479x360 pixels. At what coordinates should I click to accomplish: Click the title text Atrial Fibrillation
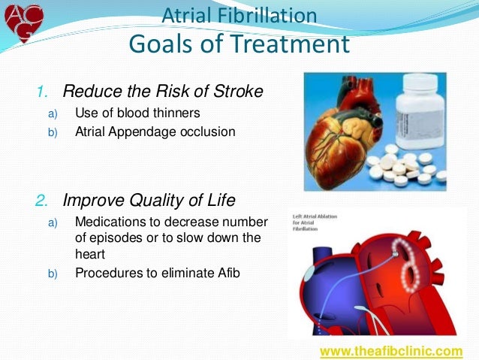(x=239, y=15)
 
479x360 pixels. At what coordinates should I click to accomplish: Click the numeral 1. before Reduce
(x=44, y=92)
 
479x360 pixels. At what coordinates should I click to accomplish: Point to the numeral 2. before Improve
(x=44, y=201)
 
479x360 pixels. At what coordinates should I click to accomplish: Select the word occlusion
(x=210, y=132)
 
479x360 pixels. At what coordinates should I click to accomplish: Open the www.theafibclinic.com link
(x=391, y=351)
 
